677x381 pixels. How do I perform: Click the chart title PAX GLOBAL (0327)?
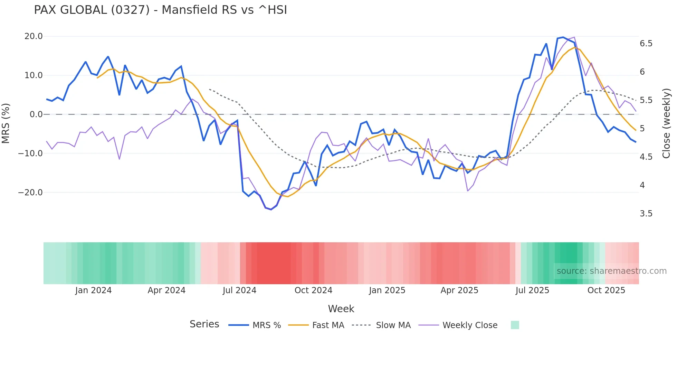(x=160, y=10)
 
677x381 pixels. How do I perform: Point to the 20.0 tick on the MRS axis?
(x=34, y=36)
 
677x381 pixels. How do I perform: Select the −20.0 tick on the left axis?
(x=30, y=193)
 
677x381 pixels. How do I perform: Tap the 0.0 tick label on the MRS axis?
(x=36, y=114)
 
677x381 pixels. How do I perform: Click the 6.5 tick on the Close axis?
(x=646, y=44)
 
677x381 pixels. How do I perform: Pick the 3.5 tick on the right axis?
(x=646, y=214)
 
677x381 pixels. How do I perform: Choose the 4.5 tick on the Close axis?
(x=646, y=157)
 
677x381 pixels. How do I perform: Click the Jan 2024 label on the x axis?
(x=93, y=290)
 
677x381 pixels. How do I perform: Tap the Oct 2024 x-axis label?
(x=313, y=290)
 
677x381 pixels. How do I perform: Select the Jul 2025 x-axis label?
(x=532, y=290)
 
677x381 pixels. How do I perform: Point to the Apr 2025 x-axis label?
(x=459, y=290)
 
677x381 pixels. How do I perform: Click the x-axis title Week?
(x=341, y=309)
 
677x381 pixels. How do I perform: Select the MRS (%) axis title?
(x=6, y=123)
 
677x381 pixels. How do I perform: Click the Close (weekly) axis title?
(x=666, y=123)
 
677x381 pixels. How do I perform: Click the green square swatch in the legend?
(x=515, y=325)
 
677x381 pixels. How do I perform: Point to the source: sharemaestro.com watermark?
(x=611, y=271)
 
